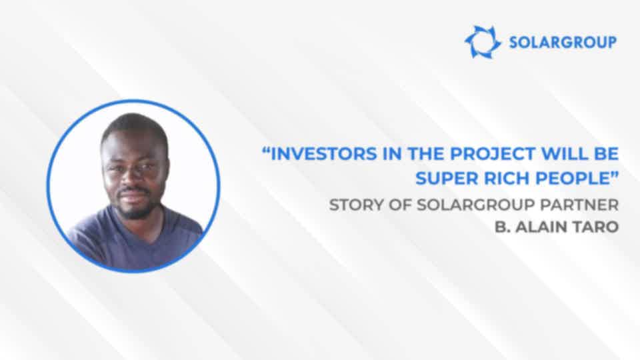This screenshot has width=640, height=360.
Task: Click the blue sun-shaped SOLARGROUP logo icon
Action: click(x=483, y=41)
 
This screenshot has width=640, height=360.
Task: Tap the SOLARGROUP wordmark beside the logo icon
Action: click(x=563, y=42)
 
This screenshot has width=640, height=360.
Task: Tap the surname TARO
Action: click(x=597, y=227)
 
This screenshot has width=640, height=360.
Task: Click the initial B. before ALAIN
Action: click(x=503, y=227)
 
